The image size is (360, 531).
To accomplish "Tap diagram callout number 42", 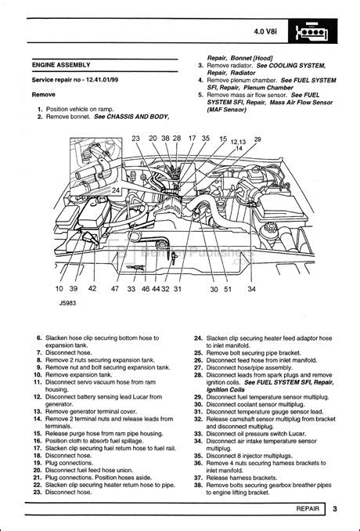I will [92, 289].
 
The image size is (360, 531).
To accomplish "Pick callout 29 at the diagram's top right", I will [258, 139].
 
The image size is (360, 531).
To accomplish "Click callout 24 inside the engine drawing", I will [115, 191].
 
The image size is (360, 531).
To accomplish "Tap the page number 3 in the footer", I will [333, 510].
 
